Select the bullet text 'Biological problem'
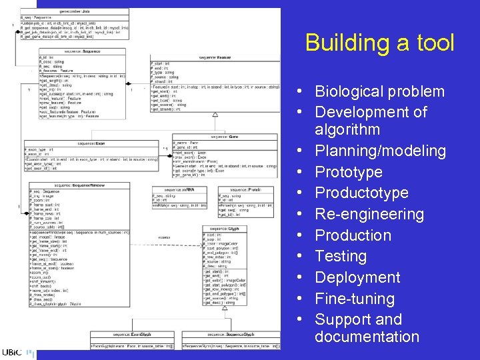(x=379, y=91)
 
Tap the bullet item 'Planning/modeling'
(x=380, y=151)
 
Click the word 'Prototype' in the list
(x=349, y=172)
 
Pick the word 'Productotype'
(x=361, y=193)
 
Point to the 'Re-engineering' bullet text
(x=369, y=214)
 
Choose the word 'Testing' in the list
(x=341, y=256)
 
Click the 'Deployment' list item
(x=357, y=277)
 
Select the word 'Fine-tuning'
(x=355, y=299)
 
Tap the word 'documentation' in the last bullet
(x=367, y=337)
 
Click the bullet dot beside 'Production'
(x=303, y=235)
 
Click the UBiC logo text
(x=11, y=353)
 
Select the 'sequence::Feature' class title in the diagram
(x=215, y=57)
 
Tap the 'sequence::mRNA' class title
(x=179, y=190)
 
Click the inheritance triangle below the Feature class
(x=215, y=115)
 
